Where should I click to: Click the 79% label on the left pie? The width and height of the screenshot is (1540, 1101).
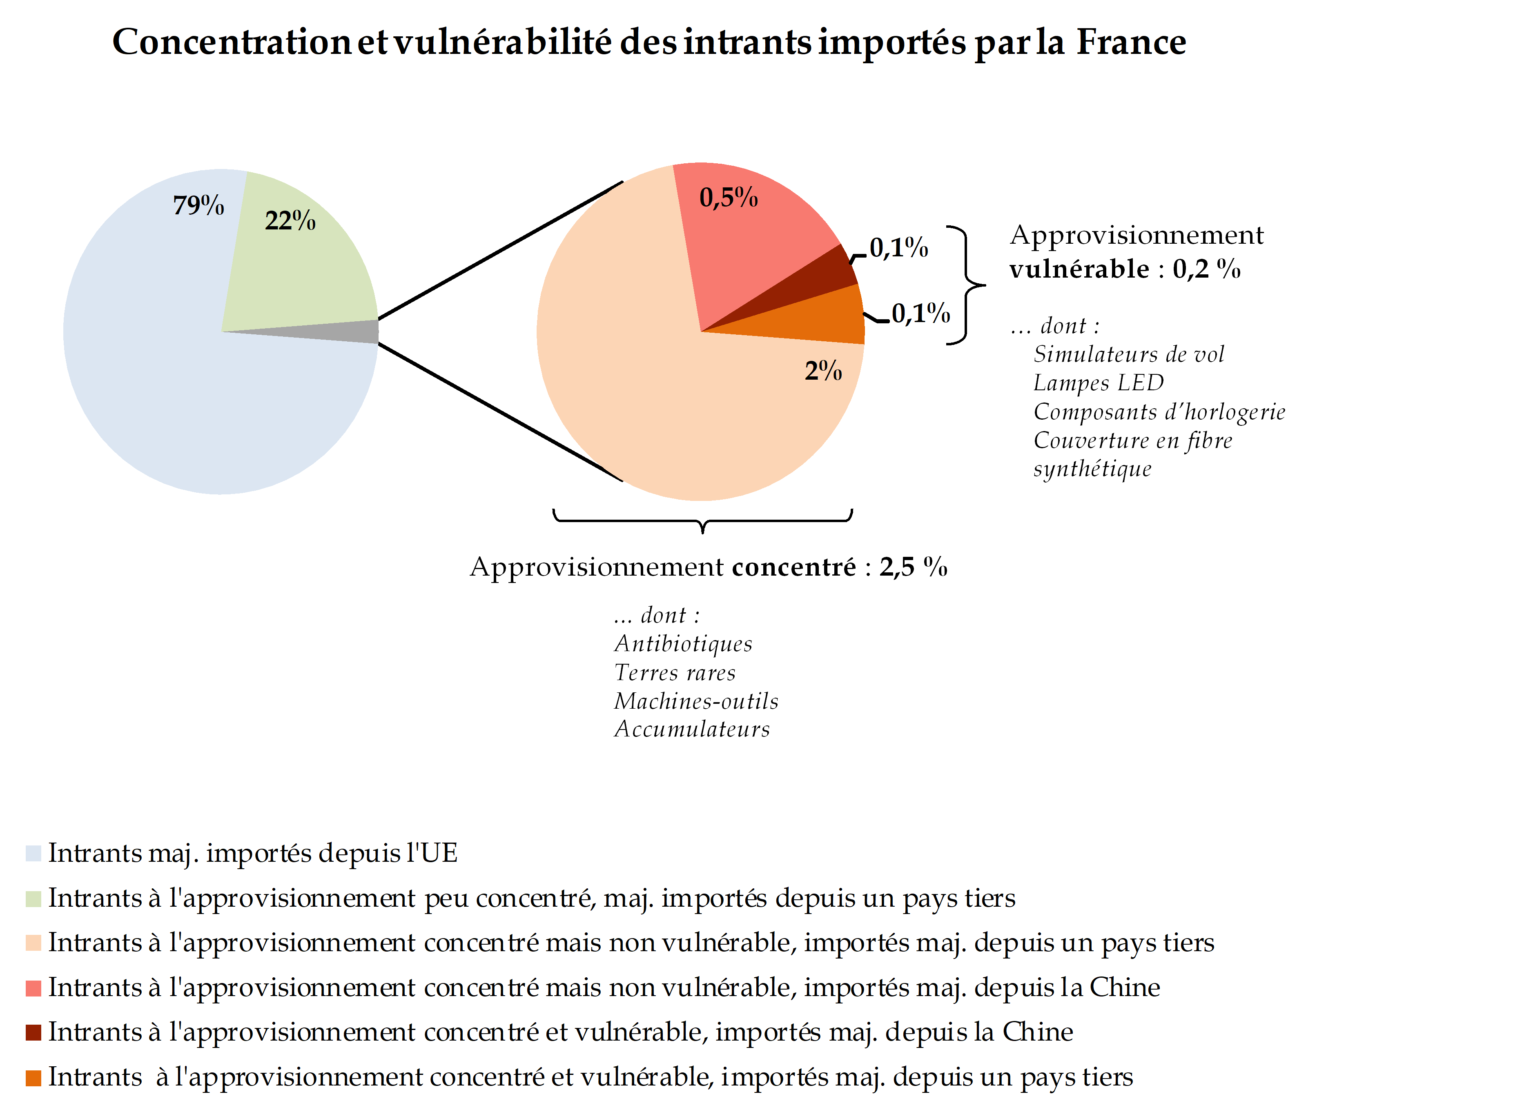tap(198, 205)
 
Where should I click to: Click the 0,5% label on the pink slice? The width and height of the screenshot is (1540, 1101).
tap(728, 198)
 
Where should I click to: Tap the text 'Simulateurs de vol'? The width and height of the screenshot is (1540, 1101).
tap(1128, 354)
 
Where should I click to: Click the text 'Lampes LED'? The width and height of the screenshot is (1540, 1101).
tap(1098, 383)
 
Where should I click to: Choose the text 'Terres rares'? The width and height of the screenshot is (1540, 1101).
tap(674, 672)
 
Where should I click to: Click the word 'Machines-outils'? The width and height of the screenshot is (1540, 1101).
tap(696, 701)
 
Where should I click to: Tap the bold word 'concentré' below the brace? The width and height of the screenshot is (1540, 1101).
tap(793, 567)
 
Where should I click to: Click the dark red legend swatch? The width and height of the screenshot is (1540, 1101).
tap(33, 1032)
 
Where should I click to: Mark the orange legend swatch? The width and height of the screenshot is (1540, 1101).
tap(33, 1077)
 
